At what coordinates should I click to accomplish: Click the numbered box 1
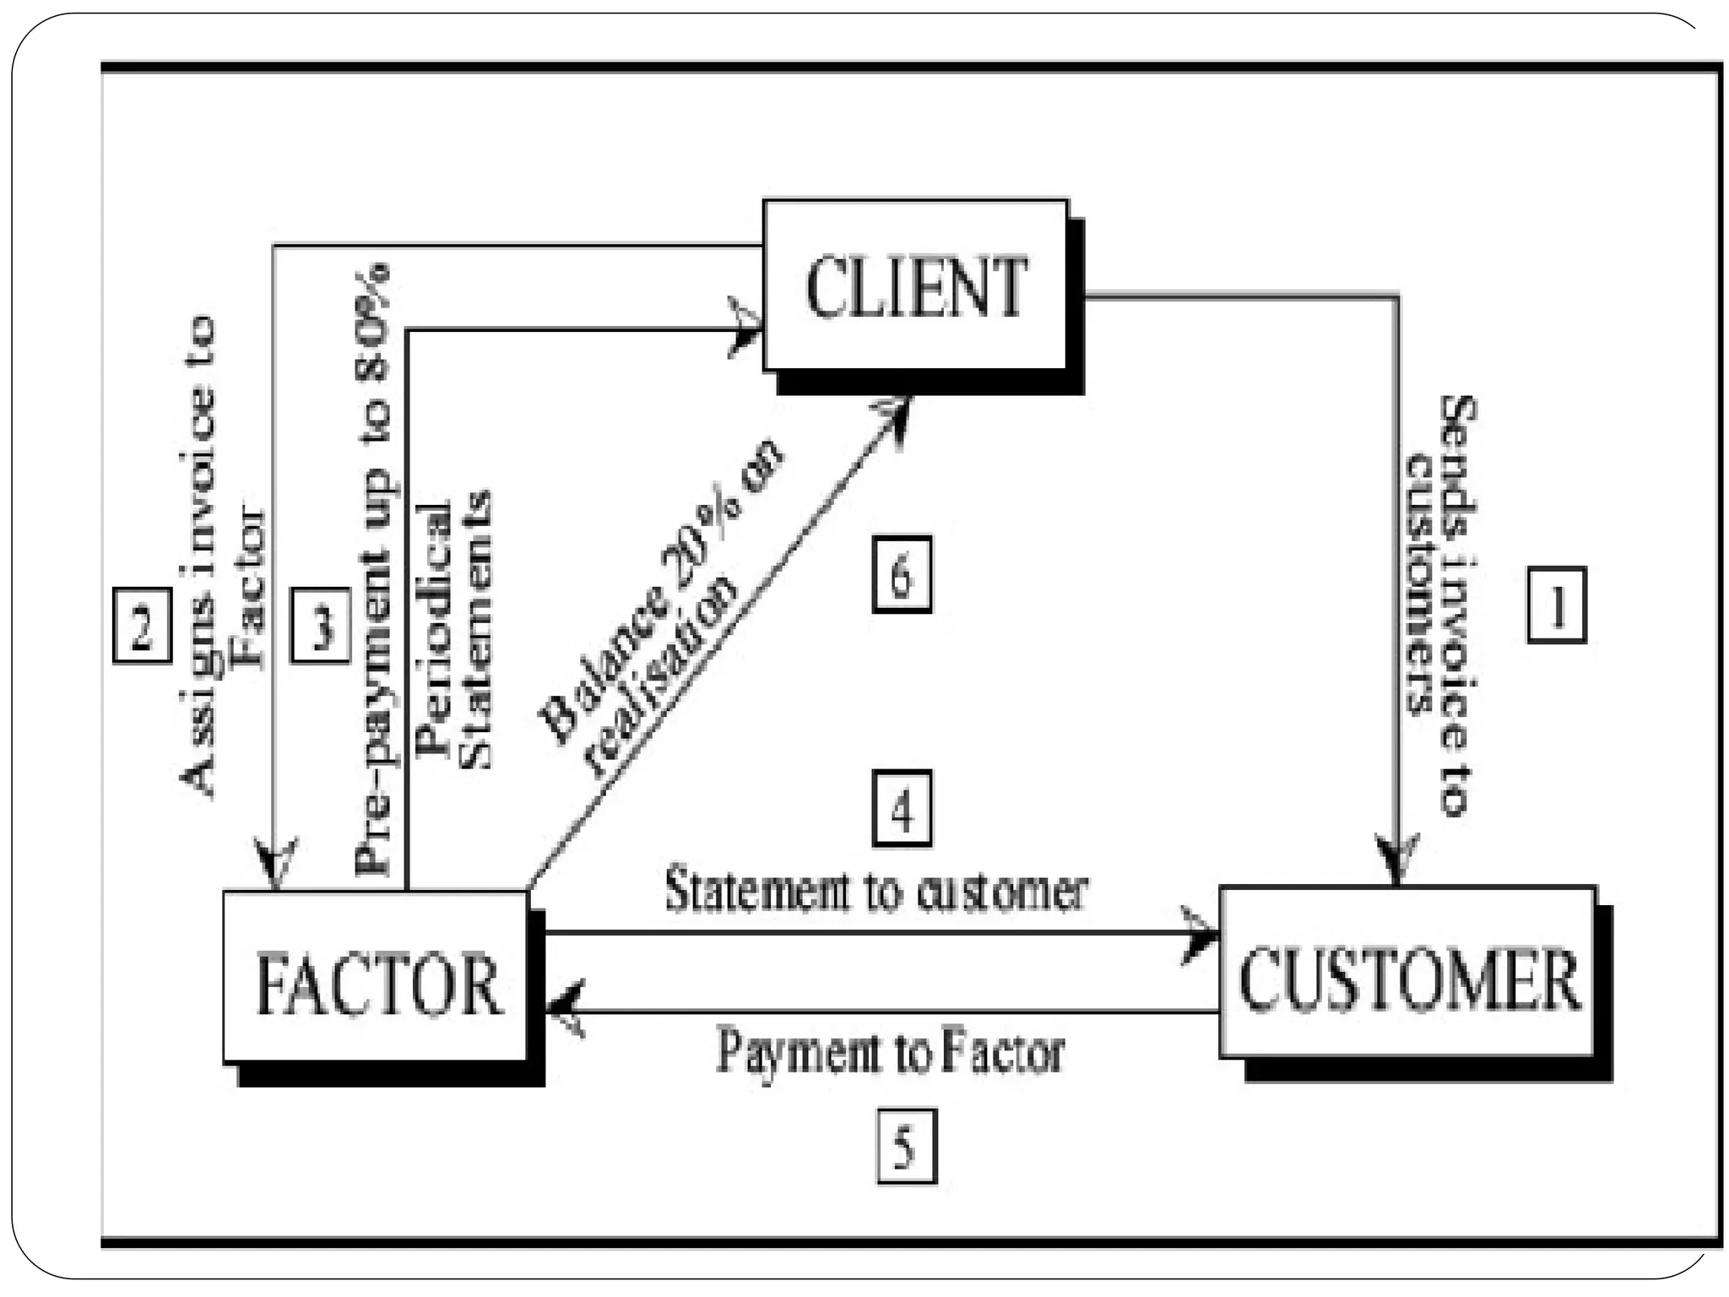(1556, 605)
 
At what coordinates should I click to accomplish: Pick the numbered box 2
(142, 625)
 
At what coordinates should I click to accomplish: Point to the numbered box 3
(320, 625)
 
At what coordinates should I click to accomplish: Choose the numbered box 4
(902, 809)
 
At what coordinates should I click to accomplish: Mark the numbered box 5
(906, 1146)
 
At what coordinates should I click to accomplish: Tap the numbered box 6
(902, 574)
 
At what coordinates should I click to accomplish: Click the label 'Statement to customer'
(876, 891)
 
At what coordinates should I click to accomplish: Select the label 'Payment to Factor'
(890, 1052)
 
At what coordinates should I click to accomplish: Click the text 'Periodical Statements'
(456, 629)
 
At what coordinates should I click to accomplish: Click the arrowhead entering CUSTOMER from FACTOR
(1199, 934)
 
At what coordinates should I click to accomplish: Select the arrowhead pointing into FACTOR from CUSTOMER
(564, 1009)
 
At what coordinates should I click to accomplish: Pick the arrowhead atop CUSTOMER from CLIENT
(1396, 857)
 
